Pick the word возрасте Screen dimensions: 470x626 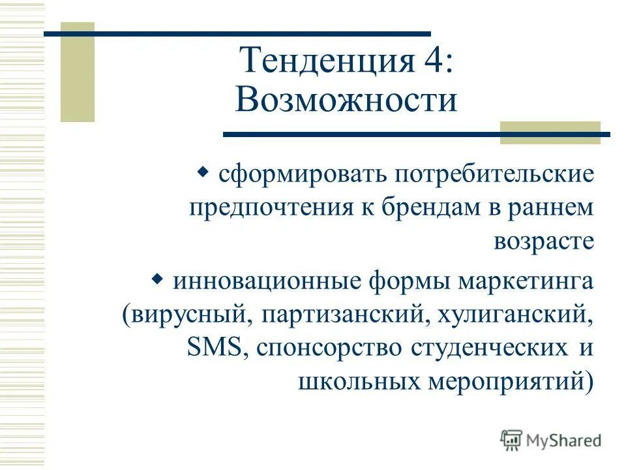[x=544, y=242]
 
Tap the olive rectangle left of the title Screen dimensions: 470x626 [x=78, y=72]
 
